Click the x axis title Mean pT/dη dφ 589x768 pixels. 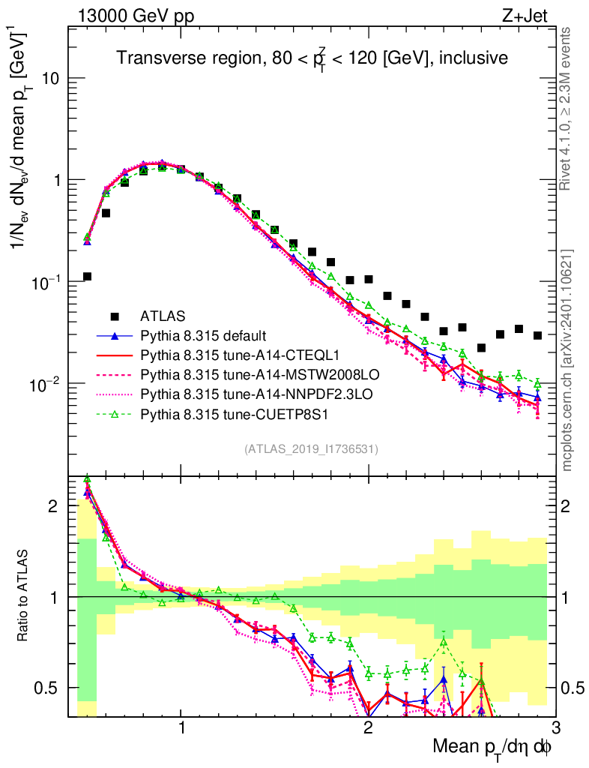click(x=493, y=748)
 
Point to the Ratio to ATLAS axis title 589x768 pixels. click(x=25, y=597)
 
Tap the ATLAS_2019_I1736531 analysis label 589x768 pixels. click(x=310, y=449)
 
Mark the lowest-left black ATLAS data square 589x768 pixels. click(x=87, y=277)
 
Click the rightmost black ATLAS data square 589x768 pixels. click(x=537, y=335)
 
